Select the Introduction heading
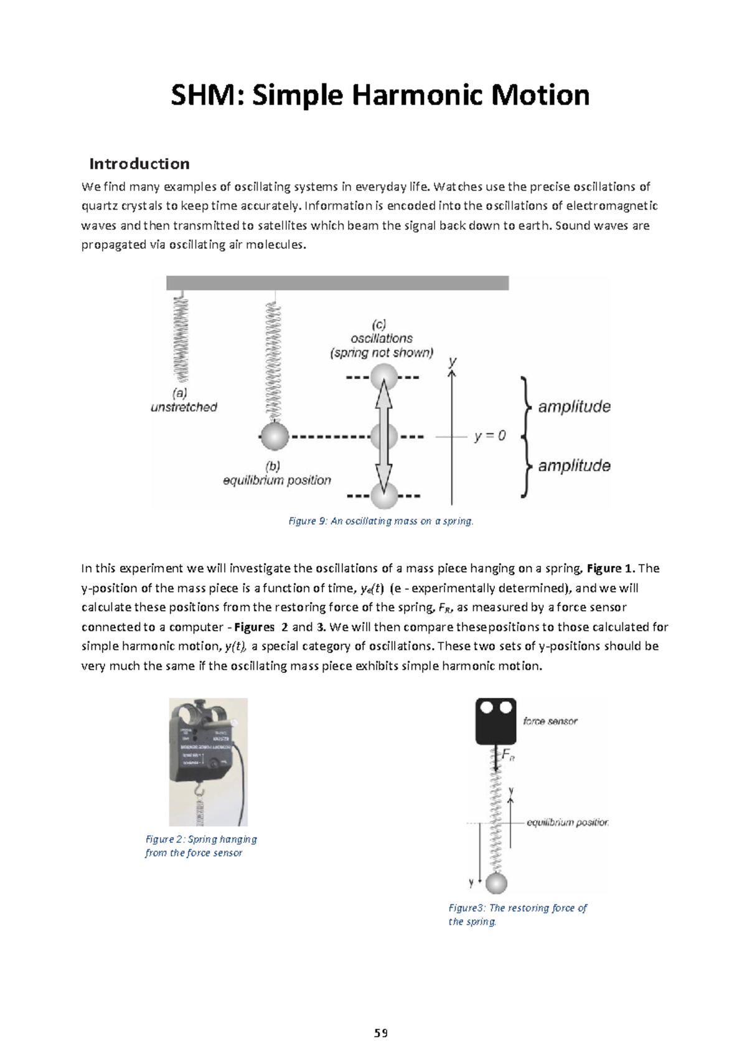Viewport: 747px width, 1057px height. click(139, 164)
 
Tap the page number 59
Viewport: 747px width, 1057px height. click(380, 1033)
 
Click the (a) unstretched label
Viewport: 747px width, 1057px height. click(184, 400)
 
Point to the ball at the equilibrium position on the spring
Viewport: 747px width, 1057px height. click(274, 436)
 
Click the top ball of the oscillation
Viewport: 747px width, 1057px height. click(383, 377)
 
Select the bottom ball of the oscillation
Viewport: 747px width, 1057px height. click(383, 496)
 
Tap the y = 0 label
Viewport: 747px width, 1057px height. click(490, 436)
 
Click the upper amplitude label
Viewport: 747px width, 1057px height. click(574, 407)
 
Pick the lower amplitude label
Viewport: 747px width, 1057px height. click(574, 466)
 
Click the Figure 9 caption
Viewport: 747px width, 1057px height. click(381, 521)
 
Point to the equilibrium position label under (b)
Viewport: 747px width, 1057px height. click(277, 480)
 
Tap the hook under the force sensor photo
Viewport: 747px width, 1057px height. click(200, 791)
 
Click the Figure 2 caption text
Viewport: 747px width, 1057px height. click(200, 846)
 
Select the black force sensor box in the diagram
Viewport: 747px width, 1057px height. click(496, 721)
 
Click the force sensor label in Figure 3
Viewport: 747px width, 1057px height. click(550, 721)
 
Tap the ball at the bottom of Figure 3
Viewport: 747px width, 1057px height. click(496, 883)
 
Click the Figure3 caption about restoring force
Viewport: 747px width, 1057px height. click(517, 914)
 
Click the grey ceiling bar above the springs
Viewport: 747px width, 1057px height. click(337, 283)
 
